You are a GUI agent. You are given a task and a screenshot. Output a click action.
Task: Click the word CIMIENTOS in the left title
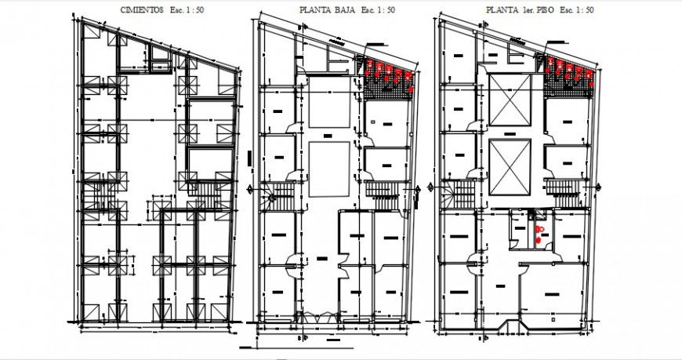141,9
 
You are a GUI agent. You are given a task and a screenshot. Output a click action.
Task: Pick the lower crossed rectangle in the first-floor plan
510,167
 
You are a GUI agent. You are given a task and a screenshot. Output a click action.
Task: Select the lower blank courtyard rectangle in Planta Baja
329,169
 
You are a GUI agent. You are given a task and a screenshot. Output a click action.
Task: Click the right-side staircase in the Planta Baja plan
384,191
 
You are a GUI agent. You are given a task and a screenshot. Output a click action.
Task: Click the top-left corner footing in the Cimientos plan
92,35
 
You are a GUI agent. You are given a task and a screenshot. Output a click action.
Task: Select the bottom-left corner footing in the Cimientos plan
92,311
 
